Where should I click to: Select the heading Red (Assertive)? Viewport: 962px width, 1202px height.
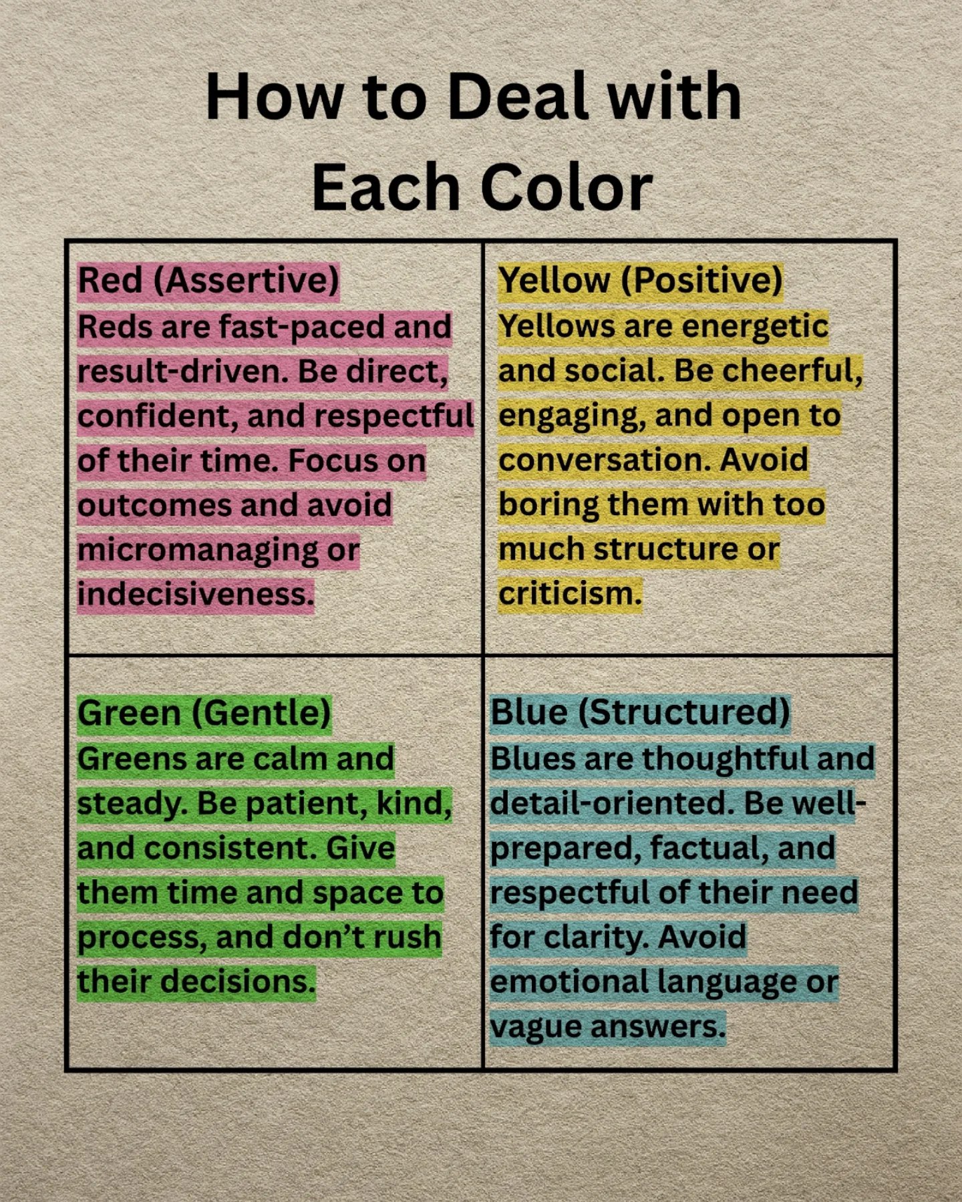(208, 281)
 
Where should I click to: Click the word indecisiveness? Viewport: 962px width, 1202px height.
(195, 593)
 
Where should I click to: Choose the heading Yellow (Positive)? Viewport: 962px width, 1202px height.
(640, 280)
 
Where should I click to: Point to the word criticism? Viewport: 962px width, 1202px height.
(570, 593)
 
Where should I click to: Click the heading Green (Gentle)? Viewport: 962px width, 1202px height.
(204, 713)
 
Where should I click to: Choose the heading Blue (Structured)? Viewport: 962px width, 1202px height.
(640, 712)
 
